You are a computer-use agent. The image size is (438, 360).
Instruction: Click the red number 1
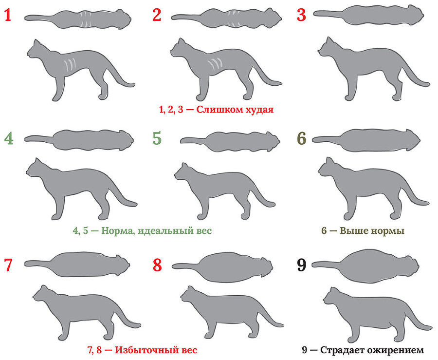point(8,15)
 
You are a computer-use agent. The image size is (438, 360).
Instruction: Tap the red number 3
point(302,15)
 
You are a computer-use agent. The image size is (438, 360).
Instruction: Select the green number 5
point(157,138)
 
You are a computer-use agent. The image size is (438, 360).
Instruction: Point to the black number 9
point(302,265)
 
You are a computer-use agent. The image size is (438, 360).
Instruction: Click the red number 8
point(157,265)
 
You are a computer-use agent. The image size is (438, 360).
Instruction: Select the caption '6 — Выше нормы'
point(363,230)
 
